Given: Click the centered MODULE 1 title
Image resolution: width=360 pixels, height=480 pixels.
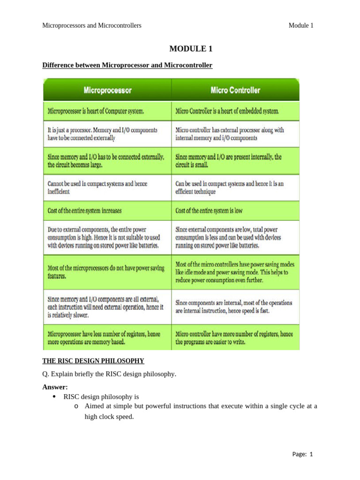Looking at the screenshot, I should [187, 49].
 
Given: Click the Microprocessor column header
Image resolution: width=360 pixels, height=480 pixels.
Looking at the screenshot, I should [107, 90].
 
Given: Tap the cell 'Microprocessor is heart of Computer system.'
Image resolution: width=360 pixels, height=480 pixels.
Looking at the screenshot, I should [107, 112].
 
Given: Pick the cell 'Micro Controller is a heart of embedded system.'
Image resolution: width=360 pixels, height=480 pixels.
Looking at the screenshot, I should [236, 112].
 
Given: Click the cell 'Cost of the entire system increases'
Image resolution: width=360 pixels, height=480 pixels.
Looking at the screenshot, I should [107, 211].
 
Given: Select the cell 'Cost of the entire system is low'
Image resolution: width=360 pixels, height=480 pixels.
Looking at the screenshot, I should [236, 211].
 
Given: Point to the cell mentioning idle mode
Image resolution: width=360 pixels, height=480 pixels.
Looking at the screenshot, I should [236, 272].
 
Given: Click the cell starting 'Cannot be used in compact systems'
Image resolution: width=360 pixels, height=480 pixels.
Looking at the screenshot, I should [107, 187].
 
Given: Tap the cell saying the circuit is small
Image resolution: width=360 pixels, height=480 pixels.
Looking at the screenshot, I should [236, 161].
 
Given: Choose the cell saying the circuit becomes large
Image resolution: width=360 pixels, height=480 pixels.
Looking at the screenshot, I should [107, 161].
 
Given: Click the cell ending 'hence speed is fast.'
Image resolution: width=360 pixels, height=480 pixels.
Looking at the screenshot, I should [236, 307].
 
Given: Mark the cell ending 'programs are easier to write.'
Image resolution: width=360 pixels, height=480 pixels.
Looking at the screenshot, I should [236, 338].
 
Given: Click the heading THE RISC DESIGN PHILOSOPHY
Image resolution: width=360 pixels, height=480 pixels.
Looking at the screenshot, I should [93, 360].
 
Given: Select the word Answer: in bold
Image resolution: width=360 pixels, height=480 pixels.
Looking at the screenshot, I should [55, 387].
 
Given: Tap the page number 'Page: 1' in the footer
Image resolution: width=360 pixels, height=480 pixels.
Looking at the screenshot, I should [302, 454].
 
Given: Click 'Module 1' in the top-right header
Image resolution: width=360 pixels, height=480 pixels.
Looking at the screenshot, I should [301, 25].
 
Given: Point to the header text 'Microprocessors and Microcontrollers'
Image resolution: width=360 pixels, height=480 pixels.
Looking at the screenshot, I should [92, 25].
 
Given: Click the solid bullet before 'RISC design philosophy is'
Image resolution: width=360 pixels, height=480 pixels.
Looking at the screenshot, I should [55, 397].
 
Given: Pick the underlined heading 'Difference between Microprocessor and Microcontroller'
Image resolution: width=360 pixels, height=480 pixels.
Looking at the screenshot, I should [127, 65].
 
